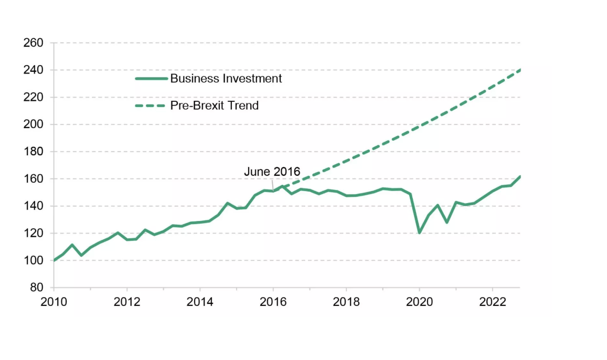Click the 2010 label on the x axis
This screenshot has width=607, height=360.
(54, 302)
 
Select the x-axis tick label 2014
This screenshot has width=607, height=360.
(200, 302)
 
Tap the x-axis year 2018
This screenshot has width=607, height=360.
(346, 302)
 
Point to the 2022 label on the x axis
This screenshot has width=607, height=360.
(493, 302)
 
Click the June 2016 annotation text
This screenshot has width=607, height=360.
(272, 172)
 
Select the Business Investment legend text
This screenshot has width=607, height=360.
(226, 79)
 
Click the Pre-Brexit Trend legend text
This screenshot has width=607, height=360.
(215, 105)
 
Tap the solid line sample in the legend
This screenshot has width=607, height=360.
(151, 79)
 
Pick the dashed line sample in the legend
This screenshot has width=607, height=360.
(151, 105)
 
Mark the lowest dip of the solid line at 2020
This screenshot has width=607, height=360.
(420, 232)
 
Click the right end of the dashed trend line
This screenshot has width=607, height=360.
(519, 70)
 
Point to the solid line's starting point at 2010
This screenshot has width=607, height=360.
(54, 260)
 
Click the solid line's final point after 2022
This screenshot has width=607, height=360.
(519, 177)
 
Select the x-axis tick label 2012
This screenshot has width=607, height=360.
(126, 302)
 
